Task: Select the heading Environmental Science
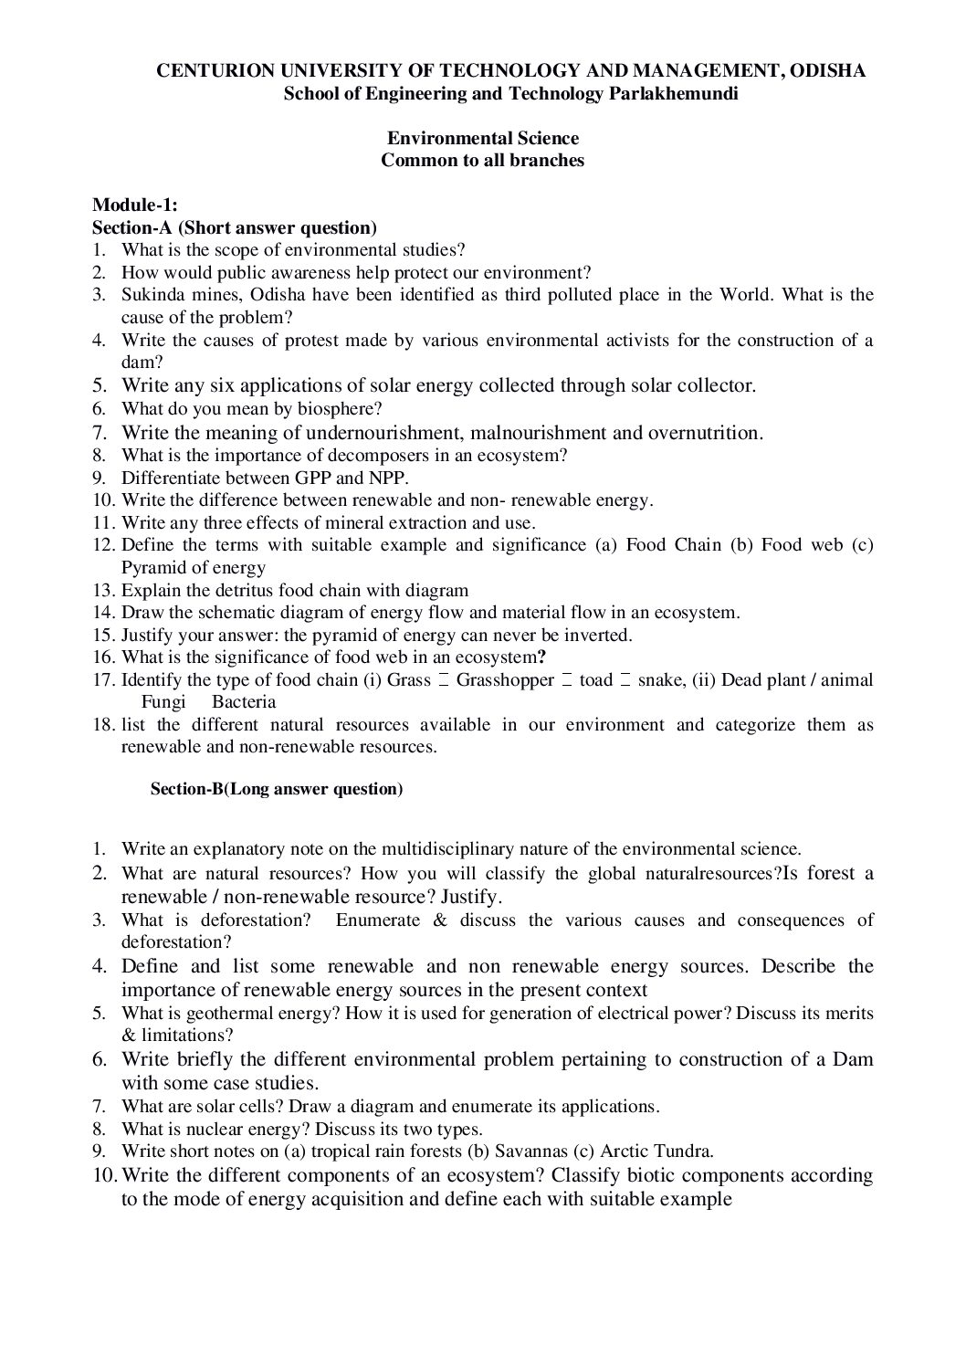coord(483,138)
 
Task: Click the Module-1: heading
coord(135,205)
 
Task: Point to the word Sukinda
coord(151,295)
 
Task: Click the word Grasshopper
coord(505,680)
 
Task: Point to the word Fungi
coord(163,702)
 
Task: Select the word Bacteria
coord(244,702)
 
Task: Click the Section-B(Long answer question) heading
coord(276,789)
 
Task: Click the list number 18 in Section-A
coord(102,725)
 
